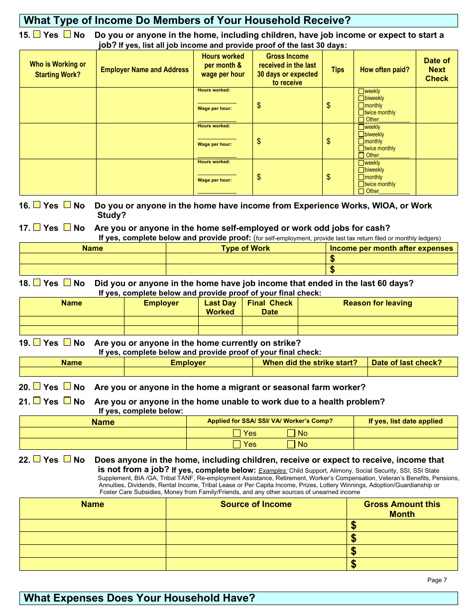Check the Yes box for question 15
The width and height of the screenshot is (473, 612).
click(37, 35)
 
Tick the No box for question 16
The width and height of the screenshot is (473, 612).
click(67, 205)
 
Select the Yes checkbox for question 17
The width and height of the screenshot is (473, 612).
click(37, 227)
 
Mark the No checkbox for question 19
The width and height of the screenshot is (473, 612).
click(67, 342)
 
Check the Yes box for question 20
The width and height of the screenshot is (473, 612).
click(37, 387)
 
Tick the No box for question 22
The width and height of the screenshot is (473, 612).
click(67, 459)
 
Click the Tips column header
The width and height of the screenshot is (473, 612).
click(338, 70)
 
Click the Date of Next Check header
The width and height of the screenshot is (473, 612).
click(437, 70)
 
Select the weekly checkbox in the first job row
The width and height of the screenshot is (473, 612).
click(361, 92)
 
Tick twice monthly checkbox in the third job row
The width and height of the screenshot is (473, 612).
click(361, 184)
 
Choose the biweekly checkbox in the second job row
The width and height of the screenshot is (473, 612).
click(361, 134)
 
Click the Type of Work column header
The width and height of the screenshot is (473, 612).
click(245, 248)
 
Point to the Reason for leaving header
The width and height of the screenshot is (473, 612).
click(377, 303)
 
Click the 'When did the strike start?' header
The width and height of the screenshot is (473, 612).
click(310, 363)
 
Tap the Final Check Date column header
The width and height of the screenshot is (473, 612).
click(270, 307)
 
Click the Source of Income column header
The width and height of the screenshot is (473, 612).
click(256, 504)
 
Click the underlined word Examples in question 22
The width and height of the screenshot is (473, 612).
click(273, 471)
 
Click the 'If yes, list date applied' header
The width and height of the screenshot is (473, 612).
click(405, 421)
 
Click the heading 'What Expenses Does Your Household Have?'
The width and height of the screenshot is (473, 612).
click(139, 598)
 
